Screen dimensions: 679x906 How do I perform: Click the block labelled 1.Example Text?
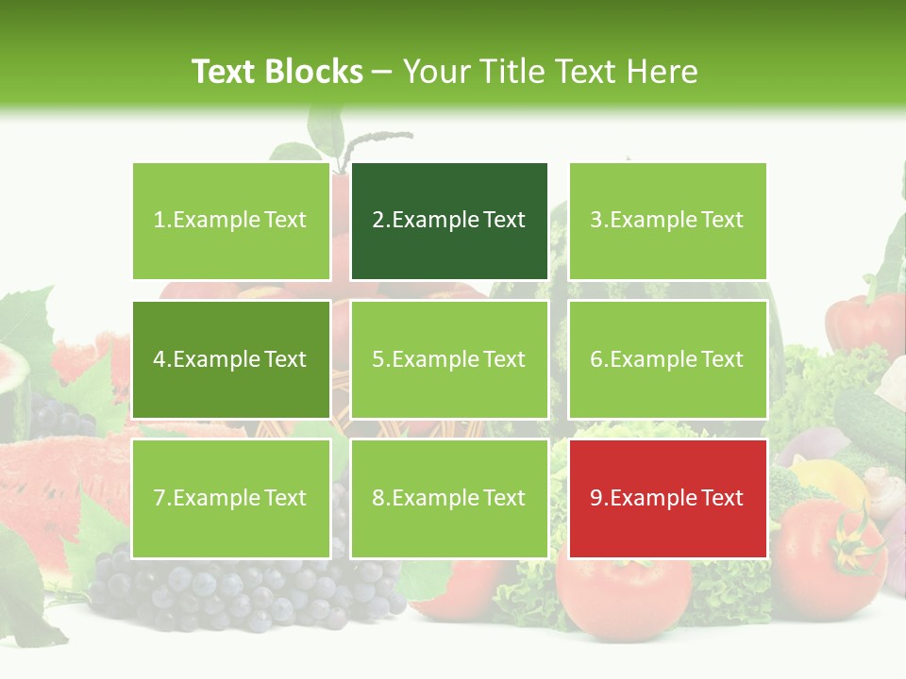click(x=230, y=221)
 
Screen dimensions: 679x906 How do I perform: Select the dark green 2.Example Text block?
click(x=449, y=221)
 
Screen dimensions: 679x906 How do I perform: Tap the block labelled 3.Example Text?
click(x=667, y=221)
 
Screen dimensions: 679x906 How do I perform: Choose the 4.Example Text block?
click(x=230, y=359)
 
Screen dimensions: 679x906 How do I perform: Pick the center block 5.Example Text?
click(x=449, y=359)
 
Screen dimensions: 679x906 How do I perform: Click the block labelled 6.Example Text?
click(x=667, y=359)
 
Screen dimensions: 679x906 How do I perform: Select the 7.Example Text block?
click(x=230, y=498)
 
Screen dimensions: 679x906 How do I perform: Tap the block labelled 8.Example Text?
click(x=449, y=498)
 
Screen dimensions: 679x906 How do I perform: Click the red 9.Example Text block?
click(x=667, y=498)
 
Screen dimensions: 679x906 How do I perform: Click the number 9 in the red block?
click(x=596, y=498)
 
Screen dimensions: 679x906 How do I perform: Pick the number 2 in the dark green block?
click(x=378, y=221)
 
